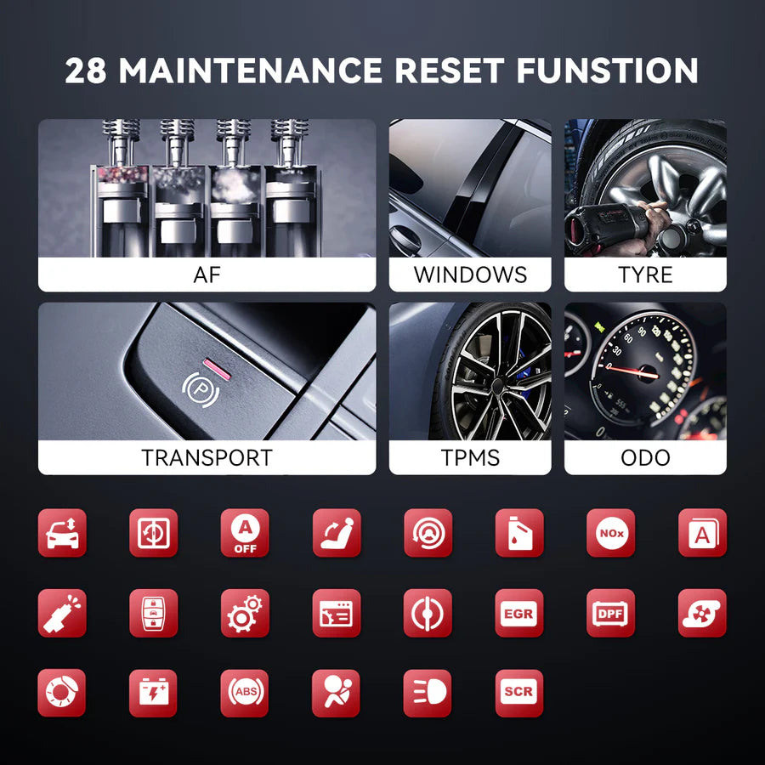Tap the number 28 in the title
click(x=87, y=71)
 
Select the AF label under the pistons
click(x=207, y=275)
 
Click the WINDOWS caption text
click(x=470, y=275)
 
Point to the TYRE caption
click(x=645, y=275)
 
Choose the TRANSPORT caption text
click(x=207, y=457)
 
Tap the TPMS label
click(x=470, y=457)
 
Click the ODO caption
click(x=645, y=457)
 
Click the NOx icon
click(x=610, y=533)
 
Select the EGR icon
click(x=519, y=613)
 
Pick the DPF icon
click(x=610, y=613)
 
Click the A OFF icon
click(x=245, y=533)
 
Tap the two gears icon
click(x=245, y=613)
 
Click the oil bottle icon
click(x=519, y=533)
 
